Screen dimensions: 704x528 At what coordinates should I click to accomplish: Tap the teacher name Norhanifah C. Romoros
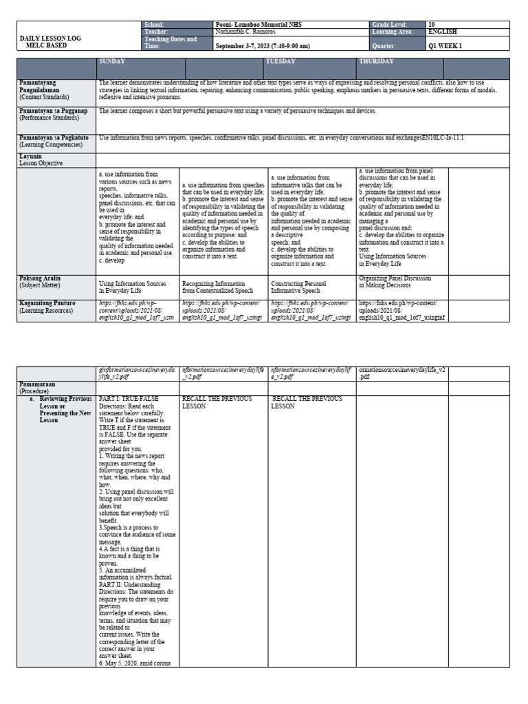(248, 32)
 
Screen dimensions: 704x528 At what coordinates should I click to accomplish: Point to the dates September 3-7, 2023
(263, 46)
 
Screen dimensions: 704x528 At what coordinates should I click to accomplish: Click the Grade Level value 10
(432, 25)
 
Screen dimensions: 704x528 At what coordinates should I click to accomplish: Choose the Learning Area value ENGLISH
(441, 32)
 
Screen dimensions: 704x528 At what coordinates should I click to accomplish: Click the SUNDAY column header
(114, 61)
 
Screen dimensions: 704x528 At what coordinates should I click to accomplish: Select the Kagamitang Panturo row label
(47, 306)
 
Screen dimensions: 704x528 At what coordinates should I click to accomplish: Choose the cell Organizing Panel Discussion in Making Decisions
(395, 283)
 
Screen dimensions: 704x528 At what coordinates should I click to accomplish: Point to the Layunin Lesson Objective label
(41, 160)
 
